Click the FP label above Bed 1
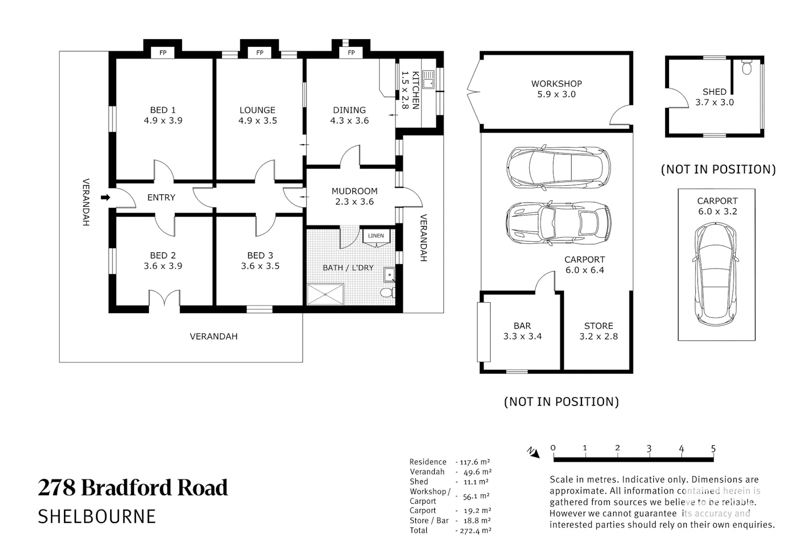pyautogui.click(x=163, y=53)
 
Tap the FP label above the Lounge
pyautogui.click(x=260, y=53)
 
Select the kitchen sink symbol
pyautogui.click(x=428, y=79)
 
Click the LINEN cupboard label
pyautogui.click(x=376, y=236)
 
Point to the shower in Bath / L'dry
pyautogui.click(x=325, y=294)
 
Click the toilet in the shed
pyautogui.click(x=747, y=68)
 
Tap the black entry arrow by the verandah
pyautogui.click(x=105, y=197)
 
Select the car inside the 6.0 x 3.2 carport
pyautogui.click(x=716, y=274)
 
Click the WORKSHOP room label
pyautogui.click(x=557, y=84)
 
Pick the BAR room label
pyautogui.click(x=522, y=326)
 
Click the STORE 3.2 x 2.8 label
pyautogui.click(x=599, y=331)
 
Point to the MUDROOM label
pyautogui.click(x=355, y=191)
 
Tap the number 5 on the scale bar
pyautogui.click(x=713, y=448)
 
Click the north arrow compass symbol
pyautogui.click(x=534, y=452)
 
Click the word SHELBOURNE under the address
pyautogui.click(x=97, y=517)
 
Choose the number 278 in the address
pyautogui.click(x=57, y=488)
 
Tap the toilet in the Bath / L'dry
pyautogui.click(x=387, y=293)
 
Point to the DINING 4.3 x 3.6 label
pyautogui.click(x=349, y=115)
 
